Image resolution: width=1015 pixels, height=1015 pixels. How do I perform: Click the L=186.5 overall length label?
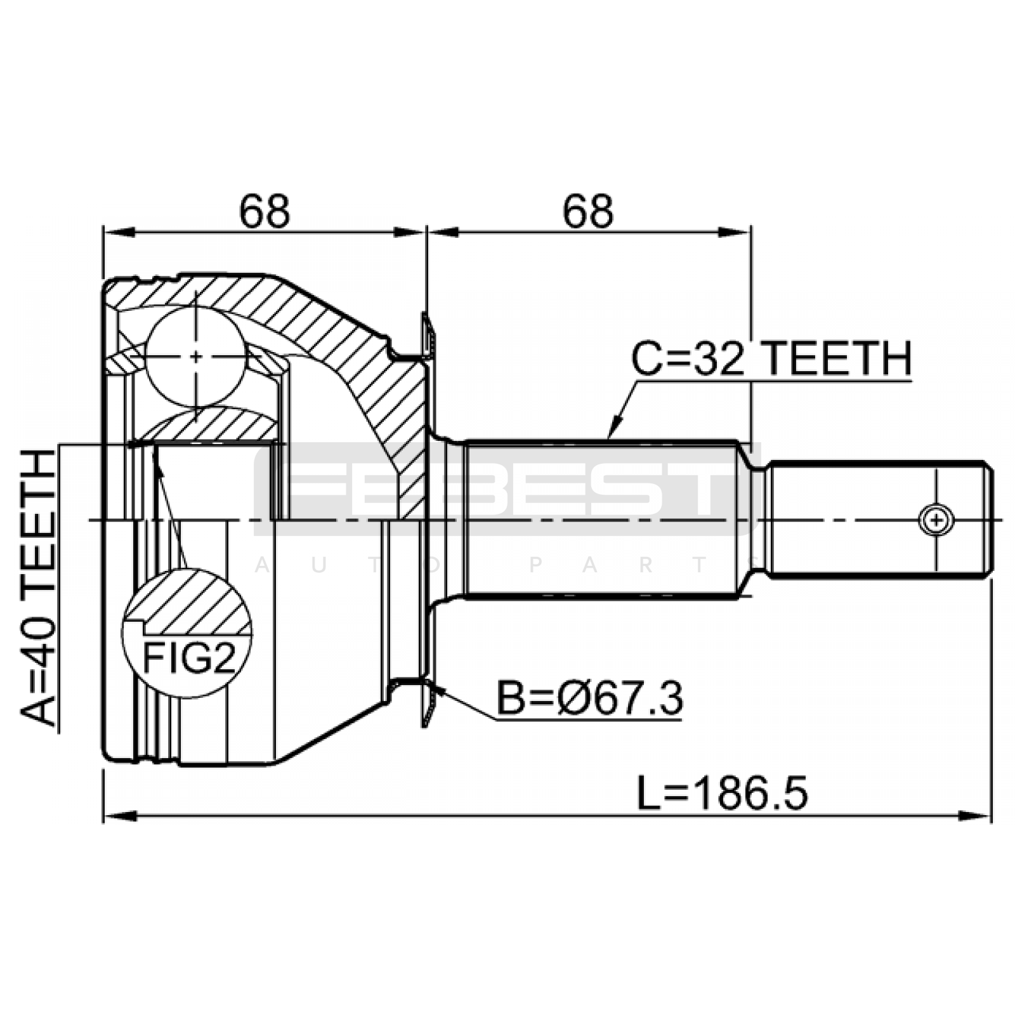(723, 794)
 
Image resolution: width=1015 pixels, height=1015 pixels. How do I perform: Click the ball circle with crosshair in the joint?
(196, 357)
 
